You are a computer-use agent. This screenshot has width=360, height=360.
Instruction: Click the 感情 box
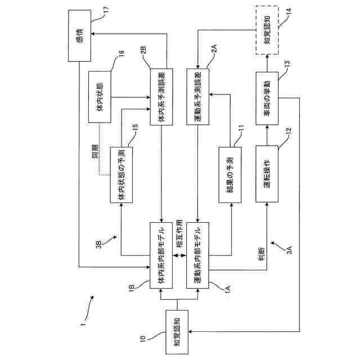click(79, 35)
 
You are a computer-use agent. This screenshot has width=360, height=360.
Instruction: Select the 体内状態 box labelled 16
click(100, 97)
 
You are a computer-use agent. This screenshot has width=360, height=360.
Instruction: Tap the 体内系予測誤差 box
click(161, 97)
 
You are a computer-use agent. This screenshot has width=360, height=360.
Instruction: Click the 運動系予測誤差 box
click(197, 97)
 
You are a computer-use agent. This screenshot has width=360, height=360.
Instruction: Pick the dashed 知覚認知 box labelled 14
click(267, 30)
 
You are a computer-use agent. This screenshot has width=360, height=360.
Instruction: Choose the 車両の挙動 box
click(267, 98)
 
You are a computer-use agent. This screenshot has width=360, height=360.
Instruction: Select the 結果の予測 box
click(230, 175)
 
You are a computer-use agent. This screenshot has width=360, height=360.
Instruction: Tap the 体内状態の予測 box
click(121, 175)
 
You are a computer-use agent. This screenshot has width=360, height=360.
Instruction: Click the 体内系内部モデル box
click(161, 255)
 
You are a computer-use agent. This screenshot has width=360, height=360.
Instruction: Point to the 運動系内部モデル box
click(197, 255)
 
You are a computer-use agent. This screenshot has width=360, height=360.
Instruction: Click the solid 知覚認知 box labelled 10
click(177, 332)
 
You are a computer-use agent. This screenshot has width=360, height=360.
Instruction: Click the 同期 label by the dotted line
click(95, 151)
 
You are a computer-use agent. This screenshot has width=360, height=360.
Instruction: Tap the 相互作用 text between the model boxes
click(179, 233)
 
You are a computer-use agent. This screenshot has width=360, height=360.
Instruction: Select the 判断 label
click(262, 254)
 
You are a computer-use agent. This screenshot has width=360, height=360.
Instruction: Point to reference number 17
click(106, 11)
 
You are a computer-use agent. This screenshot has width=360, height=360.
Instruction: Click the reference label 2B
click(143, 50)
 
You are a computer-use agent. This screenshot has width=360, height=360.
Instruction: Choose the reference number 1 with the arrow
click(83, 324)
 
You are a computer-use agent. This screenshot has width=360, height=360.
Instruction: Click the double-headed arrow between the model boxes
click(179, 255)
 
